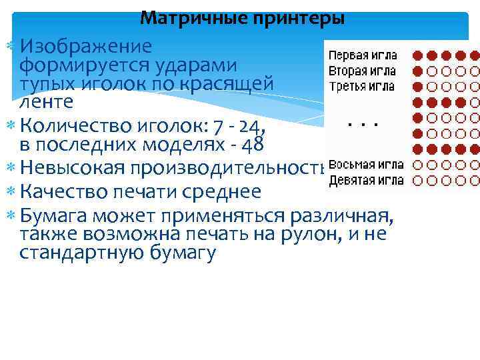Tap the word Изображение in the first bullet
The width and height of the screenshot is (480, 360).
tap(86, 47)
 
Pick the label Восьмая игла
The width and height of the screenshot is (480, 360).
tap(366, 165)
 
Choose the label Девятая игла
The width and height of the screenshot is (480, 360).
tap(366, 180)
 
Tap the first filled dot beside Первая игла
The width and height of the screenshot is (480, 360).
tap(418, 55)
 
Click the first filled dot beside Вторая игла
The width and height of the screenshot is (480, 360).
tap(418, 71)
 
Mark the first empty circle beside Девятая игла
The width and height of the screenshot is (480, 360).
tap(418, 180)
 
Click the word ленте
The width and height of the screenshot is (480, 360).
tap(47, 103)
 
